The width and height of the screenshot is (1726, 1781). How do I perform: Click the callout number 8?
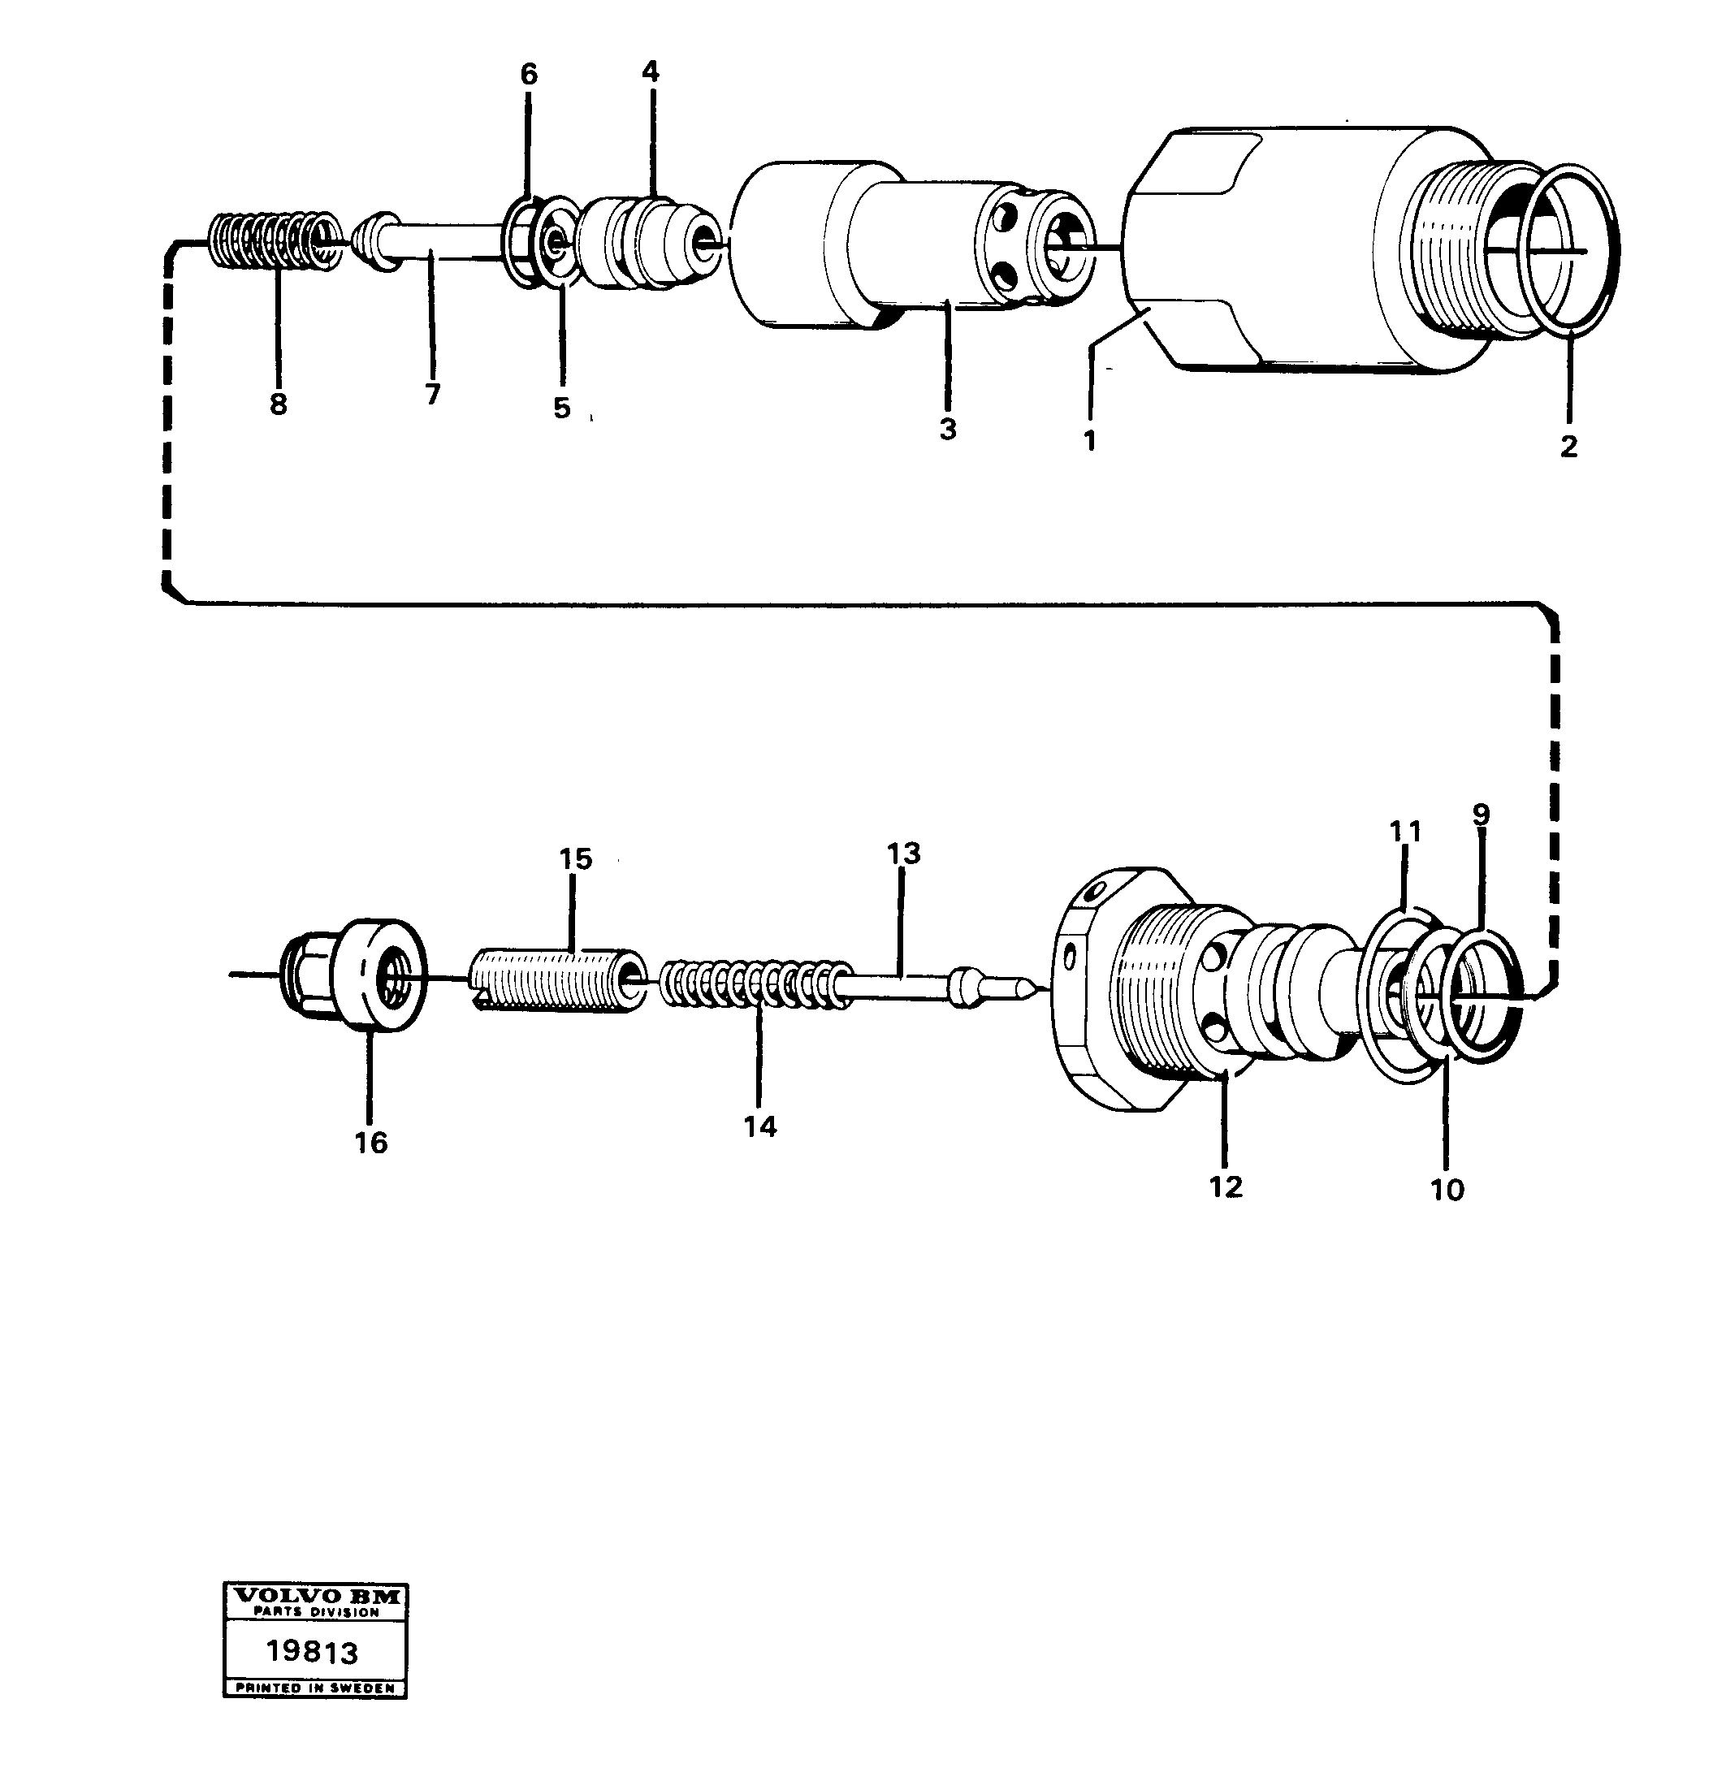click(x=278, y=404)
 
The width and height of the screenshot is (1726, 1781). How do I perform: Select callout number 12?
click(x=1225, y=1187)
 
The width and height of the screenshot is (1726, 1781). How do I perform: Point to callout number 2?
click(x=1568, y=446)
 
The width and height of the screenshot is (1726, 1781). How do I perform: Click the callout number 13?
click(x=903, y=854)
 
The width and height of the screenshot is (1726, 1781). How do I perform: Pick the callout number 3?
click(x=948, y=429)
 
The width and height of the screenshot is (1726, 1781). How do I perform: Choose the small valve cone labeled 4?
click(x=649, y=242)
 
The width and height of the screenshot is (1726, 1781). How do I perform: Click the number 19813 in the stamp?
click(x=313, y=1651)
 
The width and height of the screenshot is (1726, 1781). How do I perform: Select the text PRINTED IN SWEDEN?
click(x=315, y=1688)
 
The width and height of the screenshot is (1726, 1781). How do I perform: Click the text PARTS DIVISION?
click(x=315, y=1613)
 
